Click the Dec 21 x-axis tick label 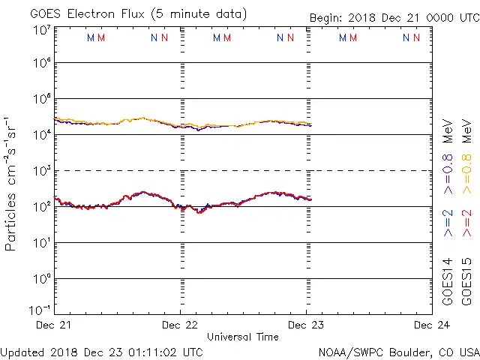[x=54, y=325]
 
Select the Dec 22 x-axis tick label [x=180, y=325]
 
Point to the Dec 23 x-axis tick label [x=306, y=325]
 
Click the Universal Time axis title [x=243, y=337]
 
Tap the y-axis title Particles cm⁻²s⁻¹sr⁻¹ [x=11, y=184]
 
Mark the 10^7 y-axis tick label [x=41, y=31]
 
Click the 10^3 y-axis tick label [x=41, y=171]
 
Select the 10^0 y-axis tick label [x=41, y=278]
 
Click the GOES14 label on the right [x=448, y=281]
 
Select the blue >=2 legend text [x=448, y=223]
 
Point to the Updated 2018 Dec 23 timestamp [x=101, y=352]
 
